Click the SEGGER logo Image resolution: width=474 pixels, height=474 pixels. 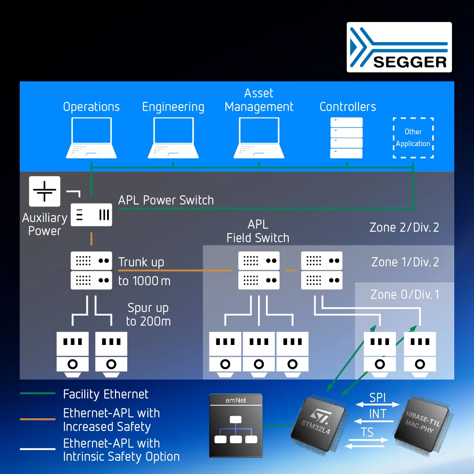pyautogui.click(x=399, y=47)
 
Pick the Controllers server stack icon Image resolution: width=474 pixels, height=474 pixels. pyautogui.click(x=346, y=137)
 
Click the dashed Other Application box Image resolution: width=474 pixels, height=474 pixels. pyautogui.click(x=413, y=138)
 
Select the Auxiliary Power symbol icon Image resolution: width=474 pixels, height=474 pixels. pyautogui.click(x=44, y=191)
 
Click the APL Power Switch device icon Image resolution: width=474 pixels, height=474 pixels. pyautogui.click(x=91, y=215)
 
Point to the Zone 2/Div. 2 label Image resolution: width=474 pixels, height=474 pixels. pyautogui.click(x=404, y=227)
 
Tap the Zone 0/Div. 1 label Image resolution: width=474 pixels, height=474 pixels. pyautogui.click(x=404, y=294)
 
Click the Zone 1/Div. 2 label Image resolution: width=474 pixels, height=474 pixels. pyautogui.click(x=405, y=262)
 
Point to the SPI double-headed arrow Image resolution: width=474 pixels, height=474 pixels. pyautogui.click(x=377, y=404)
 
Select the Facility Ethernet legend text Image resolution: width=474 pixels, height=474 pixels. pyautogui.click(x=106, y=394)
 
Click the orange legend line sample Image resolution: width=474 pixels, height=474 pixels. pyautogui.click(x=38, y=419)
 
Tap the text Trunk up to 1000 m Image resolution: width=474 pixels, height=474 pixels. pyautogui.click(x=144, y=272)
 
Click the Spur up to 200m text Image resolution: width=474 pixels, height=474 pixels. pyautogui.click(x=148, y=314)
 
